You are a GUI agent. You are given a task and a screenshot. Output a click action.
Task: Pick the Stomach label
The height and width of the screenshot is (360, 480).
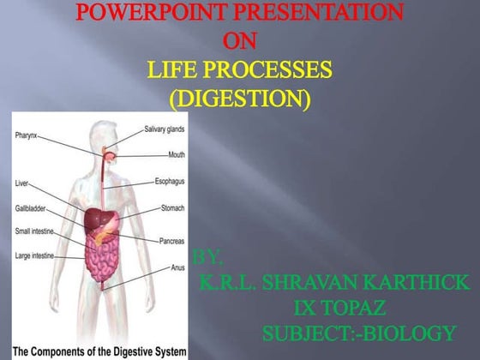coord(174,208)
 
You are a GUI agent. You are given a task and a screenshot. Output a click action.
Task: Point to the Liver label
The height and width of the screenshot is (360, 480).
coord(22,183)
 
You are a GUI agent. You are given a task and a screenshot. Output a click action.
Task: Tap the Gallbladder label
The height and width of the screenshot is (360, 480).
coord(32,207)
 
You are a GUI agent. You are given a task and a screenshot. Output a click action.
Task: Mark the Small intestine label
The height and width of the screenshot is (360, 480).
coord(37,231)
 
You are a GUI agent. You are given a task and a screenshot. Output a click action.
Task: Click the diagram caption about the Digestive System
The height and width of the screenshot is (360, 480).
coord(93,349)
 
